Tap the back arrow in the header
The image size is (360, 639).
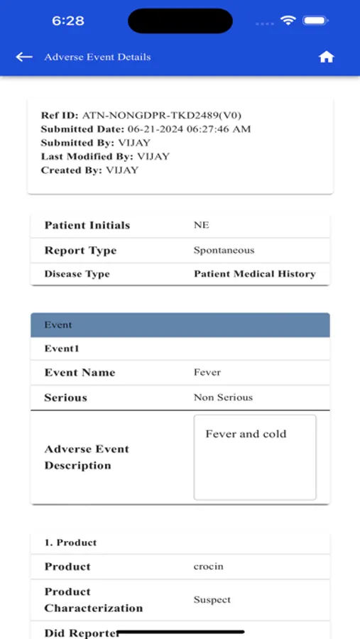tap(24, 57)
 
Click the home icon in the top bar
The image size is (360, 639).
tap(326, 57)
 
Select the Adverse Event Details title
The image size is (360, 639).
tap(97, 57)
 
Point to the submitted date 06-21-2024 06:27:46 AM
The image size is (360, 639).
tap(189, 129)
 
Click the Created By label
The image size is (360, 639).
tap(71, 170)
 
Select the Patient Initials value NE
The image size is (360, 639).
tap(202, 225)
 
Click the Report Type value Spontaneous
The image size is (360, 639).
tap(224, 250)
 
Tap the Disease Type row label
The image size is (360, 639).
tap(77, 274)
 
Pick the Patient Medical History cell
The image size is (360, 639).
tap(254, 274)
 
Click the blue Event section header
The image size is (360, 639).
tap(180, 324)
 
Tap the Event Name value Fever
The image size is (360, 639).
tap(207, 372)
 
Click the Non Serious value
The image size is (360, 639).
tap(223, 398)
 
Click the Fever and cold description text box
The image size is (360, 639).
tap(255, 457)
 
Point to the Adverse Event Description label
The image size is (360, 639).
tap(87, 457)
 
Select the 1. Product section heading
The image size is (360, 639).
tap(70, 542)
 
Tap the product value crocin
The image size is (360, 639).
tap(209, 567)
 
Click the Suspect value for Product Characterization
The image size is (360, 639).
tap(212, 600)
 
